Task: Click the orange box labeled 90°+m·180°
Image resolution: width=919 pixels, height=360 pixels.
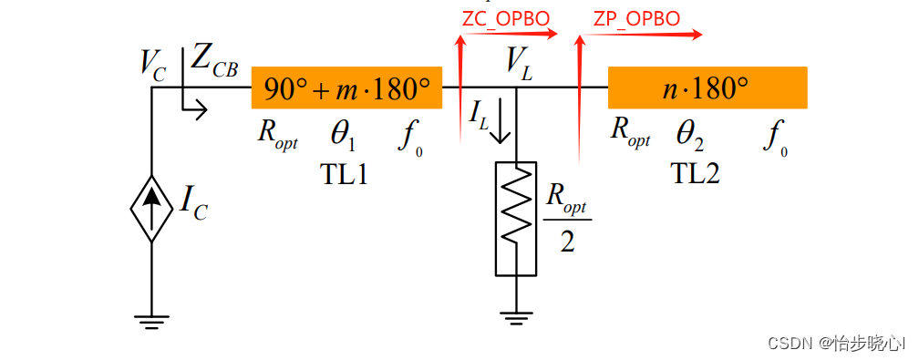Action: coord(346,87)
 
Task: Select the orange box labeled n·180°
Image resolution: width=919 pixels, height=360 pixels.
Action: coord(707,87)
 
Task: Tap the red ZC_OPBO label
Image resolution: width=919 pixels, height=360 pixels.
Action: coord(506,19)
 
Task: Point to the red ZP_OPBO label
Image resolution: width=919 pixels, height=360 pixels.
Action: coord(636,19)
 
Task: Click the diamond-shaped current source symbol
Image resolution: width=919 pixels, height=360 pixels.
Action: coord(151,208)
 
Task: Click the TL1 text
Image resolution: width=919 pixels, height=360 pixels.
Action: coord(344,174)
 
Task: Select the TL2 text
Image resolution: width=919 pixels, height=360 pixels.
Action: coord(695,173)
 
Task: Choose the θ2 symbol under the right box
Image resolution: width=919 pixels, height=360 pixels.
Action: coord(690,138)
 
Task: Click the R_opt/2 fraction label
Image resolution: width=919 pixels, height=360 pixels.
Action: coord(567,218)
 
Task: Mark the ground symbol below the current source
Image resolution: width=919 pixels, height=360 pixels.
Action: coord(151,320)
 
